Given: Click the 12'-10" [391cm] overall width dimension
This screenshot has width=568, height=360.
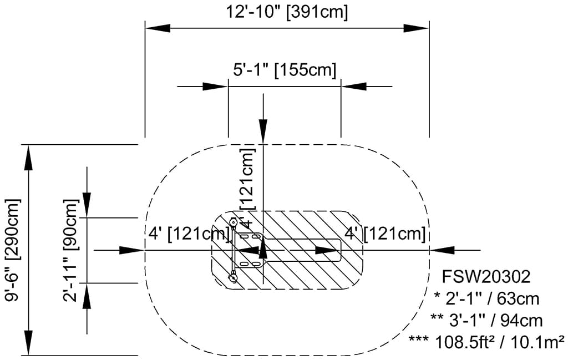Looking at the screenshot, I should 287,12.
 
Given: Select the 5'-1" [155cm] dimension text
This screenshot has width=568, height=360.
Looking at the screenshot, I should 284,70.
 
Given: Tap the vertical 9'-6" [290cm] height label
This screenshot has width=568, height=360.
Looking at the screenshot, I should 12,250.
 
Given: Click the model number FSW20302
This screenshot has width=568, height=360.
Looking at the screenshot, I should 486,276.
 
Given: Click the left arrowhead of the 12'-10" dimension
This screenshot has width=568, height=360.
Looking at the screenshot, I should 158,27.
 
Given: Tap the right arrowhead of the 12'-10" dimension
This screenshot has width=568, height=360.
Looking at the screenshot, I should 417,27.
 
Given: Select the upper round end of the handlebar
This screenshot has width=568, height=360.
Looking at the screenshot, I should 234,221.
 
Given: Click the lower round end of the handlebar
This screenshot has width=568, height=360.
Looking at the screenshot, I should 234,278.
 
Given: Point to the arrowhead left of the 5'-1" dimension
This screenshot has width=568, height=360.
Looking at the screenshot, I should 215,87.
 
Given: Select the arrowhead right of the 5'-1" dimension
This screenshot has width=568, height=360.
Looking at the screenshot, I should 353,87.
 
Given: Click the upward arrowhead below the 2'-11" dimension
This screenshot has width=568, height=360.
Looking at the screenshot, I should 87,296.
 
